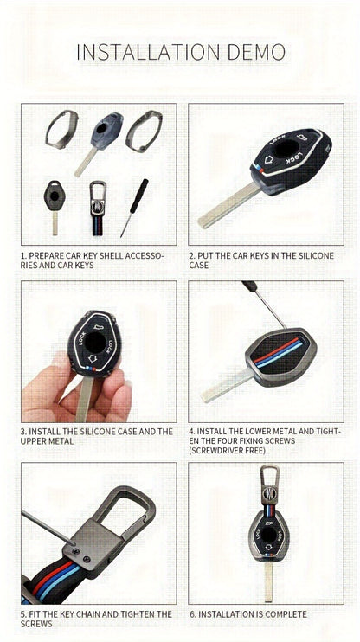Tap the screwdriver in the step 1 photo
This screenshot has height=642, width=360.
coord(134,207)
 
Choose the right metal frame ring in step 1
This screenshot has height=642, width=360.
coord(143,130)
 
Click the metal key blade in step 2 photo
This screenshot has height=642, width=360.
coord(227,208)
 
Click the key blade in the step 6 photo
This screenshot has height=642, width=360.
coord(271,581)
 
